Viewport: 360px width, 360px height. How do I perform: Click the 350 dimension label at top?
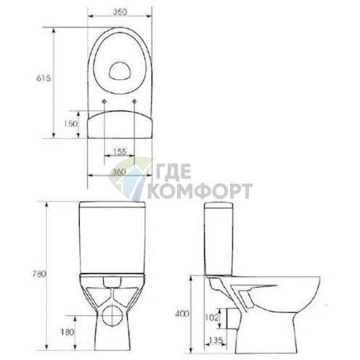tap(120, 12)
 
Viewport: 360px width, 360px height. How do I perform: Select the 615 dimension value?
tap(44, 78)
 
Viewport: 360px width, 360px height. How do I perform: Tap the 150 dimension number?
tap(70, 123)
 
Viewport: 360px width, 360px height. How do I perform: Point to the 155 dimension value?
tap(120, 152)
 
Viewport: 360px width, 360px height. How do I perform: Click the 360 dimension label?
tap(119, 171)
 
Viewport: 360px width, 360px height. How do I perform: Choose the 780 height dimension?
tap(39, 274)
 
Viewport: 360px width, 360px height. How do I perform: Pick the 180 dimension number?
tap(67, 332)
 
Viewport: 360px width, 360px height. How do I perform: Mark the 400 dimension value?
tap(182, 314)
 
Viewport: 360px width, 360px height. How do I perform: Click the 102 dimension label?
tap(212, 317)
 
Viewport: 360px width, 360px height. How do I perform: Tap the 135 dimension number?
tap(216, 340)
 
